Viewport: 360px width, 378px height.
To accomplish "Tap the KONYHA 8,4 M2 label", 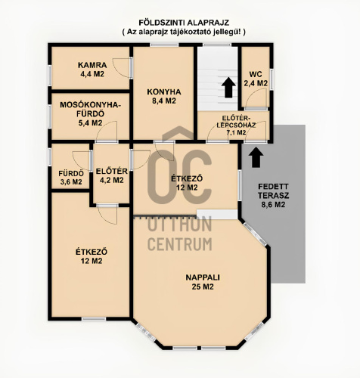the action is (164, 96).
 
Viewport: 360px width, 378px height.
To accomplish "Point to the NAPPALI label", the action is (203, 277).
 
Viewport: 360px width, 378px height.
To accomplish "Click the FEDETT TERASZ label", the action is (274, 191).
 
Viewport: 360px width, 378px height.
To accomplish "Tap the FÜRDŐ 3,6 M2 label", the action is (71, 178).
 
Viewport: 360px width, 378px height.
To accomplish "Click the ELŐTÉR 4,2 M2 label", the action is (112, 176).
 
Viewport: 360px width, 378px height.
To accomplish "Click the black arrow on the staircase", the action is (228, 87).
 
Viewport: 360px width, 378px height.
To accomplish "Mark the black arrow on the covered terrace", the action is (256, 157).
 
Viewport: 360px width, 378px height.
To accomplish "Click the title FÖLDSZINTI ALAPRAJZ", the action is (184, 23).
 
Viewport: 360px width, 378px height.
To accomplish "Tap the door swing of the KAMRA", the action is (121, 67).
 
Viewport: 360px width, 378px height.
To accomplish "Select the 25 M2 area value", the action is (203, 287).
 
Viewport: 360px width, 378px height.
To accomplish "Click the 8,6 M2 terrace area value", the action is (273, 205).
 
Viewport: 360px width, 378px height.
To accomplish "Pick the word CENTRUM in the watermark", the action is (179, 244).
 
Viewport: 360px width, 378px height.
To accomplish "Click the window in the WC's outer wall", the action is (272, 79).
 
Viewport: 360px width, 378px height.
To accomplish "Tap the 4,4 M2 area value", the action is (92, 74).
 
